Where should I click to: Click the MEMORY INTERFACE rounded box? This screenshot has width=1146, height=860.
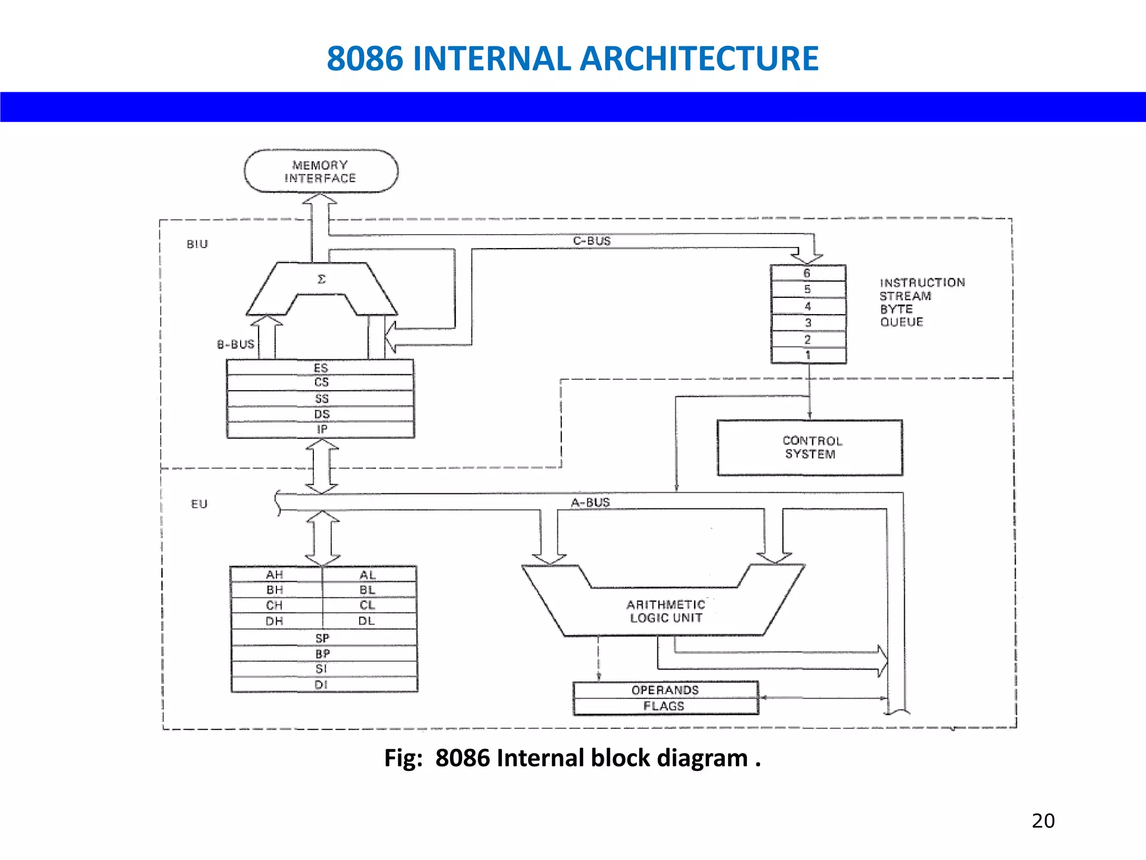coord(321,171)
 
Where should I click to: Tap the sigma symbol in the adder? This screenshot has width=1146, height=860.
coord(321,279)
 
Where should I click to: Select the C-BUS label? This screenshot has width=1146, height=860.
coord(591,241)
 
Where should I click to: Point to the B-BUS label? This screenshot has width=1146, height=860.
coord(236,344)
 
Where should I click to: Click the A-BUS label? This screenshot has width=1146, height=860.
coord(590,502)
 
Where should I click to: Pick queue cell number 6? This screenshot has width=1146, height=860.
coord(807,273)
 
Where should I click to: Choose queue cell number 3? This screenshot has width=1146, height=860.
coord(807,322)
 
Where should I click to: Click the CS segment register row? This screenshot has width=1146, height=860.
coord(321,382)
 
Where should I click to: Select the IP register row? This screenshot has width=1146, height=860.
coord(321,429)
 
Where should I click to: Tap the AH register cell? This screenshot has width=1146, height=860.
coord(275,574)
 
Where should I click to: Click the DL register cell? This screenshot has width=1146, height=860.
coord(367,621)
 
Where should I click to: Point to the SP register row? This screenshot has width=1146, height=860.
coord(323,638)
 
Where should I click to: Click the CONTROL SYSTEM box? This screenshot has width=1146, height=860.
coord(810,447)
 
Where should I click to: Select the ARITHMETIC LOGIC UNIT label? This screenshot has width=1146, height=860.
coord(666,611)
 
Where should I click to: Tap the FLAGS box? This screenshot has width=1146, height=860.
coord(665,707)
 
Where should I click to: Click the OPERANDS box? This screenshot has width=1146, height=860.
coord(665,690)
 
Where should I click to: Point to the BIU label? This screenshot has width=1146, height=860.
coord(197,244)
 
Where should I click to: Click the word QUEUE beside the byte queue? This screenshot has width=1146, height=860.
coord(901,322)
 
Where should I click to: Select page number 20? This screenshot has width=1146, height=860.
coord(1043,821)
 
